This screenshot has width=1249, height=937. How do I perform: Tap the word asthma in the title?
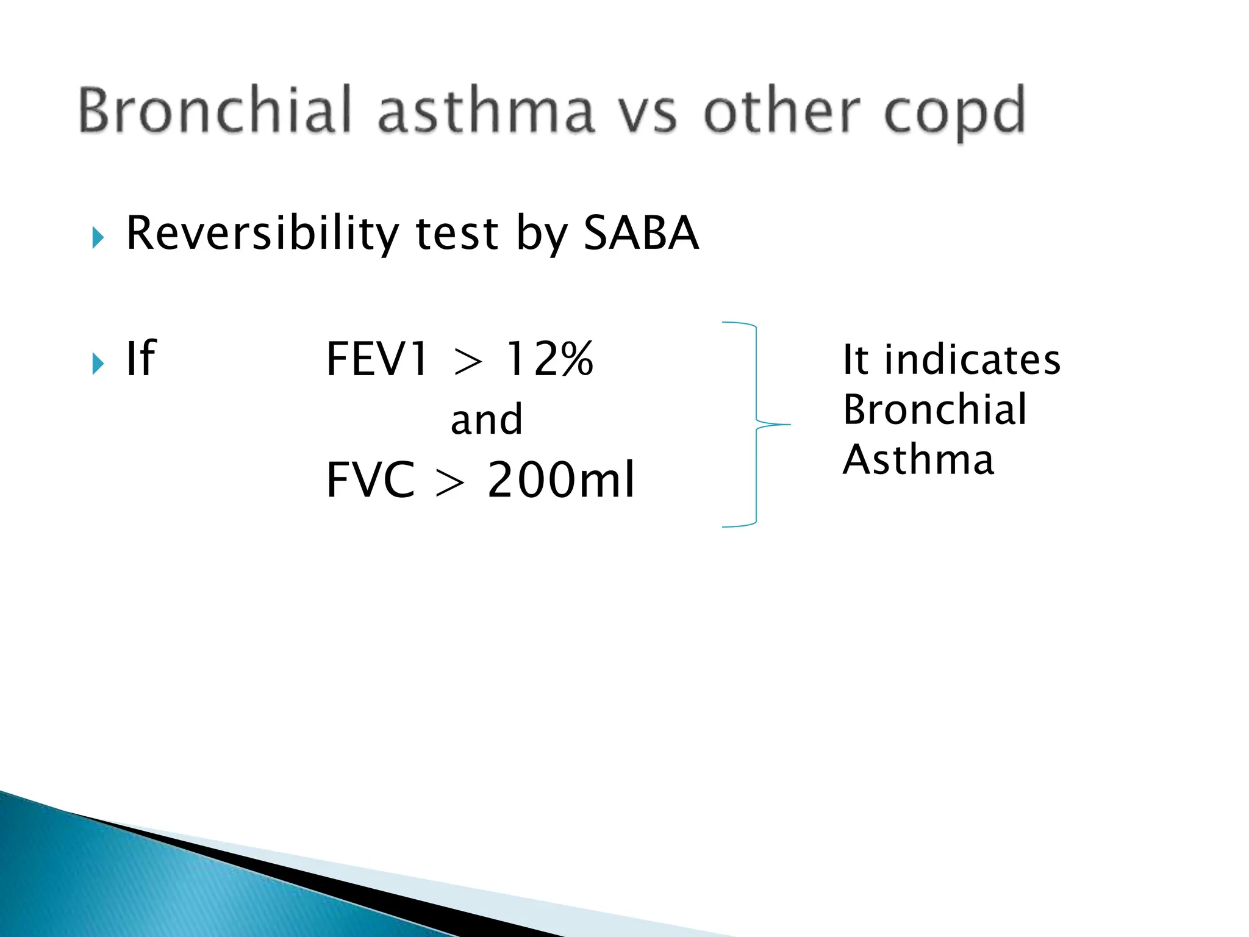(485, 111)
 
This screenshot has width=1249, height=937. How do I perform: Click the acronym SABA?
(641, 233)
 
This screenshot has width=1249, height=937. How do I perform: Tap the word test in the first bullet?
(457, 234)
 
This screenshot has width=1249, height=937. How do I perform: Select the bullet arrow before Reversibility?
(98, 237)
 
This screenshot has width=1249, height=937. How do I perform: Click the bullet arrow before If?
(98, 364)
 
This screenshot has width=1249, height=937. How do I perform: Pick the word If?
(141, 359)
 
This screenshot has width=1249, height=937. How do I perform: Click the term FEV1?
(377, 359)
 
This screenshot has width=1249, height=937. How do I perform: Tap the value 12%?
(549, 359)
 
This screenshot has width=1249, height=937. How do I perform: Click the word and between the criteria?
(487, 420)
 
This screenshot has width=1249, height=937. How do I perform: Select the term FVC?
(371, 480)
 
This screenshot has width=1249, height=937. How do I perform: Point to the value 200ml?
(561, 480)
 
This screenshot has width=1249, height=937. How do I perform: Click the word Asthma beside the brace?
(918, 460)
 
